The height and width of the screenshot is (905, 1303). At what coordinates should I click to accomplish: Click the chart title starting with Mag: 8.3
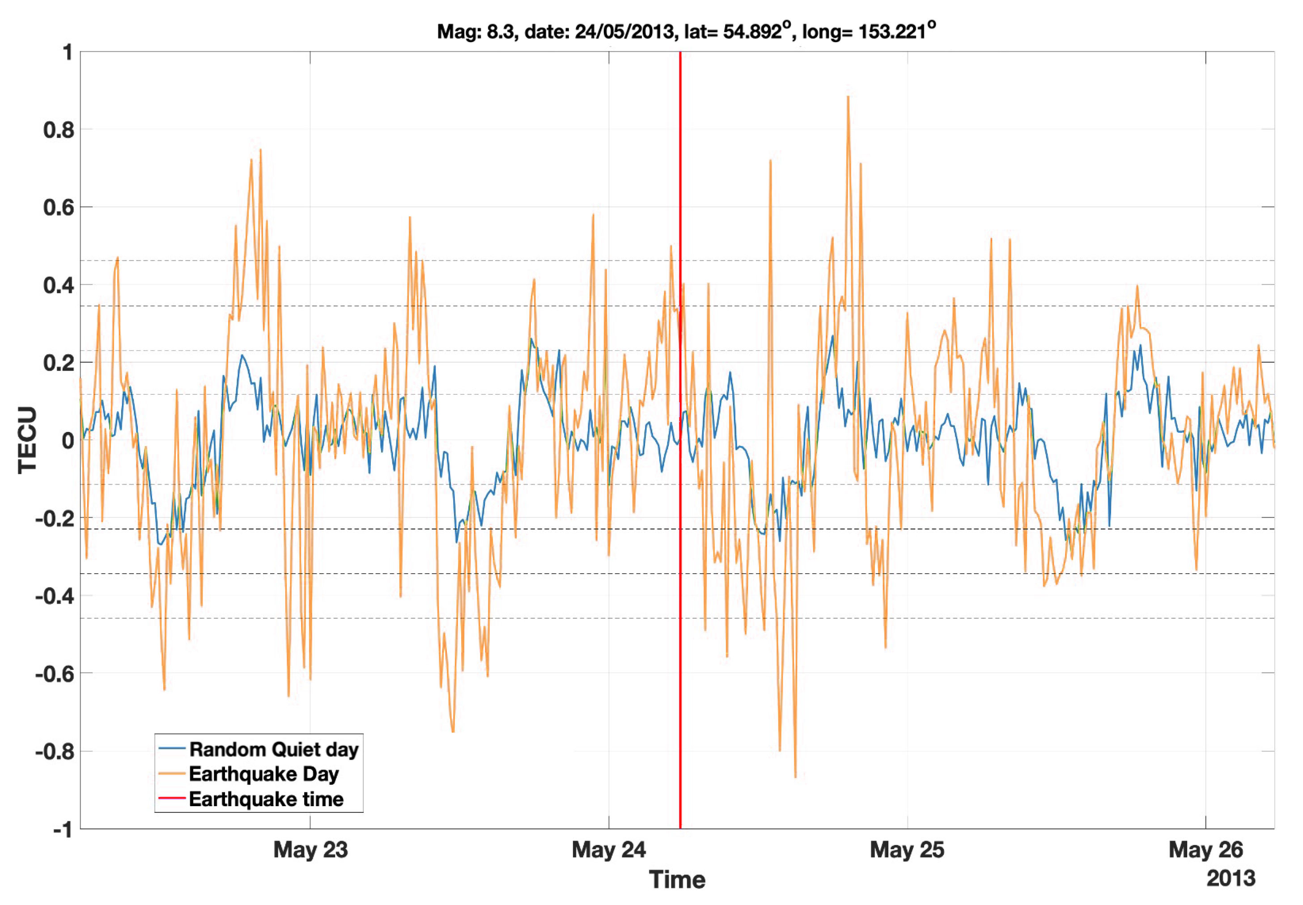tap(686, 31)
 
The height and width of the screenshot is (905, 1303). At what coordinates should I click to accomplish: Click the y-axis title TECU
tap(27, 440)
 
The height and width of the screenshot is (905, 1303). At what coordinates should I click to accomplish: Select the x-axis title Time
tap(677, 880)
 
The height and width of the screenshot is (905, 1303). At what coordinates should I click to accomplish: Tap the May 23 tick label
tap(310, 850)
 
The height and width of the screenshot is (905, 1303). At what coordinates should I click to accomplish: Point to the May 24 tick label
tap(609, 850)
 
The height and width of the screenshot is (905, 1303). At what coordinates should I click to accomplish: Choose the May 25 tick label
tap(907, 850)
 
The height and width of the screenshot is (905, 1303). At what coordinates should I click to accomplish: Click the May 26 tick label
tap(1205, 850)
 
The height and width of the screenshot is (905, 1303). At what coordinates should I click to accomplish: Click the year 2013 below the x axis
tap(1231, 878)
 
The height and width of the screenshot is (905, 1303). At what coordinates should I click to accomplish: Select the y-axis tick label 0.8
tap(59, 130)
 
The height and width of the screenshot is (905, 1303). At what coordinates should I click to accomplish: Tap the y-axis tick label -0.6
tap(55, 674)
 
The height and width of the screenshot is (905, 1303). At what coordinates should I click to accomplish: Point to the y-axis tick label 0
tap(68, 440)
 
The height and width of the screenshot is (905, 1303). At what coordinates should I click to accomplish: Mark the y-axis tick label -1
tap(63, 829)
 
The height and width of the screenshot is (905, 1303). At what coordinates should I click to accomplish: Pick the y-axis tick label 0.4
tap(59, 285)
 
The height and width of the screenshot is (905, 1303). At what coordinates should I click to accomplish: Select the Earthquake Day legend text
tap(264, 774)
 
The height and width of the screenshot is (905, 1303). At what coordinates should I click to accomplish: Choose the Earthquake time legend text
tap(266, 799)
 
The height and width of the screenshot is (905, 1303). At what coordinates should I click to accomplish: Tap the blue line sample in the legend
tap(172, 749)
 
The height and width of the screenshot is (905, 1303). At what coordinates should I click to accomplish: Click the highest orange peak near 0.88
tap(848, 97)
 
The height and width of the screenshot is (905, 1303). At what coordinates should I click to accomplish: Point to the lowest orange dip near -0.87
tap(795, 776)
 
